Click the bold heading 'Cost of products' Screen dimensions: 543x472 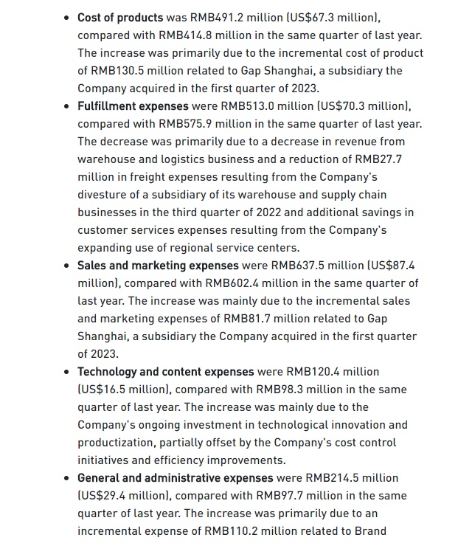(120, 17)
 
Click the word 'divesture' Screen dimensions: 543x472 (104, 194)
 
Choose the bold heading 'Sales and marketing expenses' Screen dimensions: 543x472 (158, 265)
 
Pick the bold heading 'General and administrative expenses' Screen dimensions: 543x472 (175, 477)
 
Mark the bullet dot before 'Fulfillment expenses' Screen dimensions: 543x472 (68, 106)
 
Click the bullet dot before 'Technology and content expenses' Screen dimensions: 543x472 (68, 372)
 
